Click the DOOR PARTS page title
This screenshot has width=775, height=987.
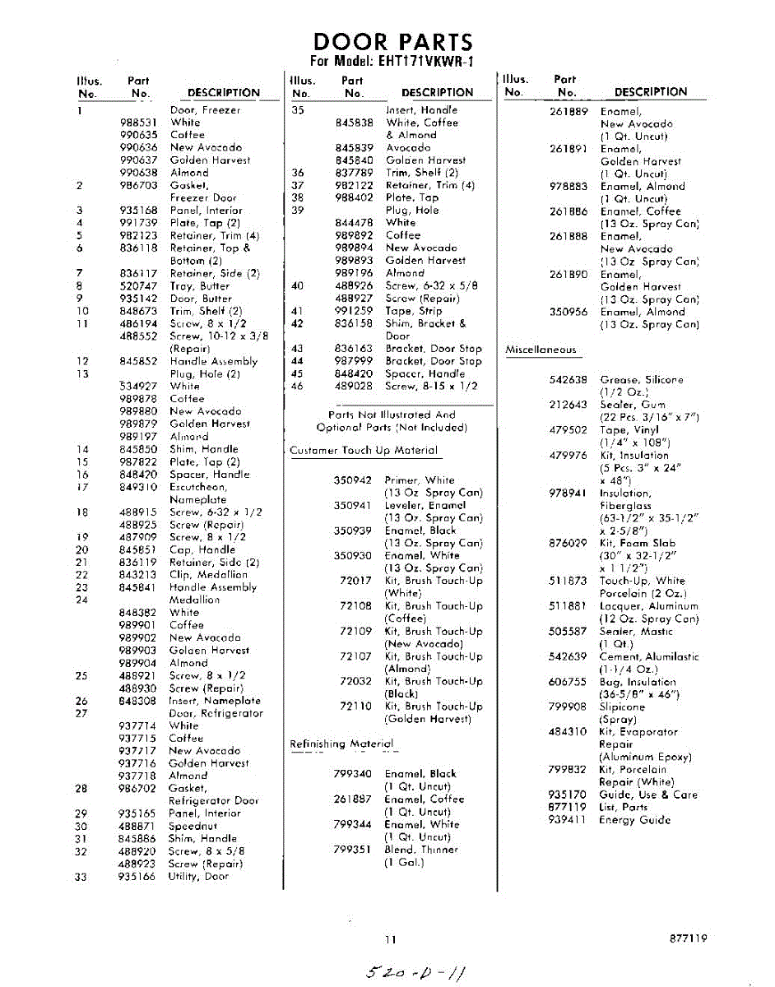point(393,42)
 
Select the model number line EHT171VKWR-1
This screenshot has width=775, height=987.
point(392,62)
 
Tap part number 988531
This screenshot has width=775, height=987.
point(138,123)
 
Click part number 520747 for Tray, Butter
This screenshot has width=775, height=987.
point(138,285)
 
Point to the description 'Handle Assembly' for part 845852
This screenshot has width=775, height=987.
point(213,361)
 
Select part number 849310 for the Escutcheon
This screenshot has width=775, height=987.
point(138,487)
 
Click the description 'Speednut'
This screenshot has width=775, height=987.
point(193,826)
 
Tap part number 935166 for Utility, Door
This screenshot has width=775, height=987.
point(138,877)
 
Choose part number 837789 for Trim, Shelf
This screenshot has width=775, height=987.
point(355,173)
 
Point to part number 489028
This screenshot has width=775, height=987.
point(355,386)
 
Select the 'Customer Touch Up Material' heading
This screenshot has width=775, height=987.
point(364,451)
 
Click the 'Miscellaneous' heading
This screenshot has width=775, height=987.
point(541,350)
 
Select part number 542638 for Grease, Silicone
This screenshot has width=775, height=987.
point(568,380)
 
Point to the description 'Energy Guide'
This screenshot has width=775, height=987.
point(634,820)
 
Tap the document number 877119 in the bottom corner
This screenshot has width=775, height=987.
point(688,938)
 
